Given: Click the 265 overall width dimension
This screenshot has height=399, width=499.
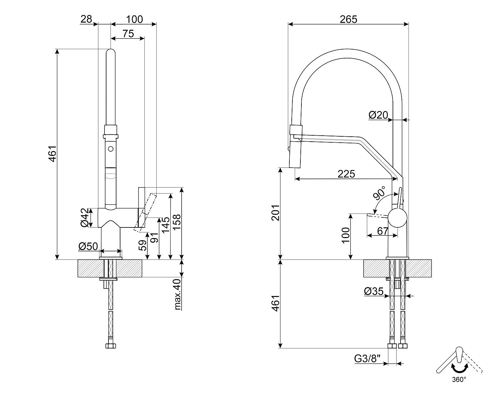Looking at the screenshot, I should [x=348, y=19].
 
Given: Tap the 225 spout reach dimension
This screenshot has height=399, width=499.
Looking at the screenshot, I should [x=346, y=174].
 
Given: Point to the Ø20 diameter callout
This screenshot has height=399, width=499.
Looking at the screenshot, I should [x=378, y=115].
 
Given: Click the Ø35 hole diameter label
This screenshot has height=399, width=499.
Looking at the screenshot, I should [x=374, y=292].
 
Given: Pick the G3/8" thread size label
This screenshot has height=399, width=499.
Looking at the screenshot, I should [x=367, y=359].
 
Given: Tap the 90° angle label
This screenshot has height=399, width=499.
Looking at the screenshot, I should [x=379, y=193].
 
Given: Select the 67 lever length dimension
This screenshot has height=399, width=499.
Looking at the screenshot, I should [x=383, y=230].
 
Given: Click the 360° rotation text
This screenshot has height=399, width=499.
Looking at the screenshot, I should [x=459, y=379].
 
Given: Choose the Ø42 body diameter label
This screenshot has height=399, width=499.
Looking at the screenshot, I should [x=86, y=218].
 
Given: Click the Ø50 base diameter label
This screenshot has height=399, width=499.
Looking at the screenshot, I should [x=88, y=246].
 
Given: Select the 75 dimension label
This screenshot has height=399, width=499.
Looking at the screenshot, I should [x=128, y=34].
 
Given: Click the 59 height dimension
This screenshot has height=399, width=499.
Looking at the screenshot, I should [x=142, y=245].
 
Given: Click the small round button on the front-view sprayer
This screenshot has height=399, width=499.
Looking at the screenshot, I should [x=111, y=149].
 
